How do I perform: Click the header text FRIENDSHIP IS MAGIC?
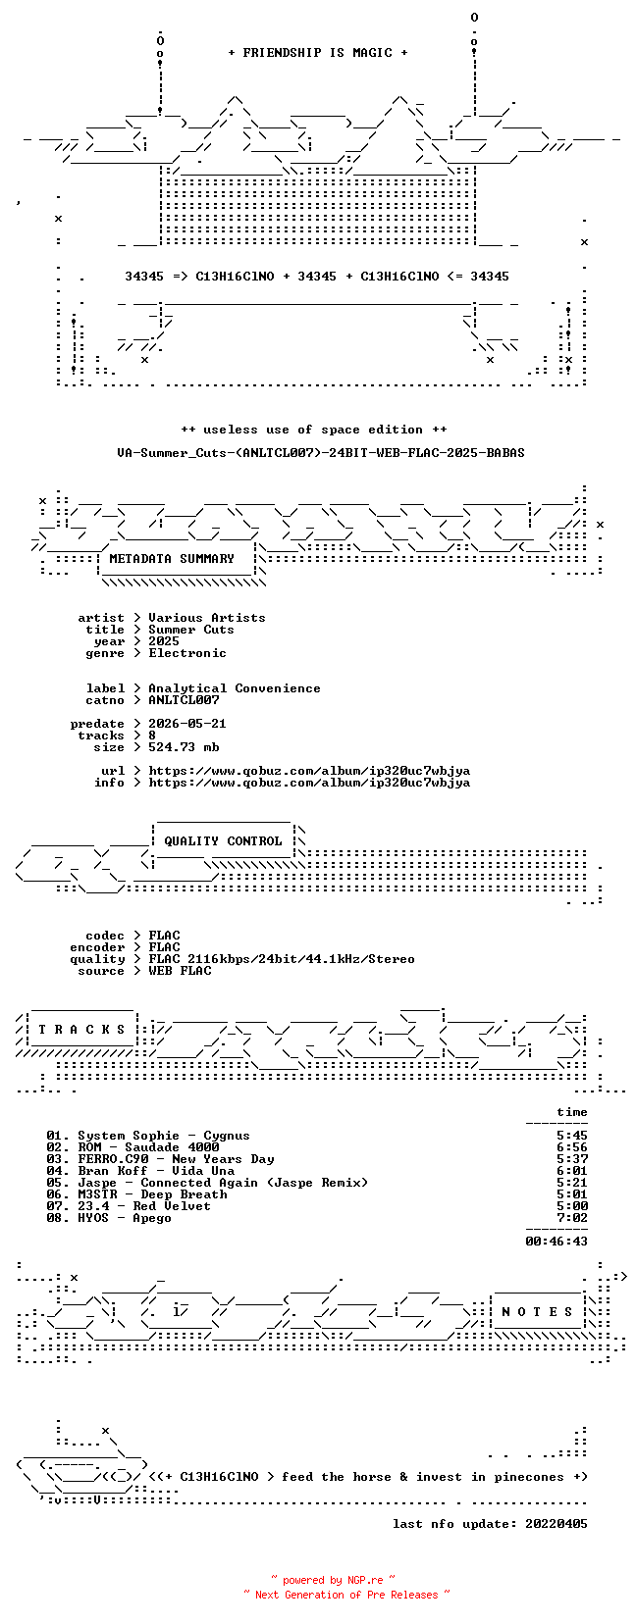pos(318,53)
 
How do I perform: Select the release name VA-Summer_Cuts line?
pos(321,453)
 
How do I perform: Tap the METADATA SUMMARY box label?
pos(172,559)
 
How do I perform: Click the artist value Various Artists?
pos(207,618)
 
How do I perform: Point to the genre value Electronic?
pos(187,653)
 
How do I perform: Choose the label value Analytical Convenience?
pos(235,688)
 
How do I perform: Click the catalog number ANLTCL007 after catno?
pos(184,700)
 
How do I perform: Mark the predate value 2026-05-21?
pos(187,724)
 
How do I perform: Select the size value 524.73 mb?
pos(184,747)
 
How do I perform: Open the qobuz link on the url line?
pos(309,771)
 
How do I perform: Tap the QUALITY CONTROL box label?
pos(223,841)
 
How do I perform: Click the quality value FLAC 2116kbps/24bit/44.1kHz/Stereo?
pos(282,959)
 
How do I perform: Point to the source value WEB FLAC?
pos(180,971)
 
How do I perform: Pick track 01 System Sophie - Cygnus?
pos(148,1136)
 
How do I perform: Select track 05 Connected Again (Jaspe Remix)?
pos(207,1184)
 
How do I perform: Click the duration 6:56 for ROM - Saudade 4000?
pos(572,1147)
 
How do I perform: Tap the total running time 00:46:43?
pos(556,1242)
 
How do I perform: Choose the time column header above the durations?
pos(572,1112)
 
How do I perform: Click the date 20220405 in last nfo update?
pos(556,1524)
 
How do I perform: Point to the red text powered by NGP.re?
pos(333,1580)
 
